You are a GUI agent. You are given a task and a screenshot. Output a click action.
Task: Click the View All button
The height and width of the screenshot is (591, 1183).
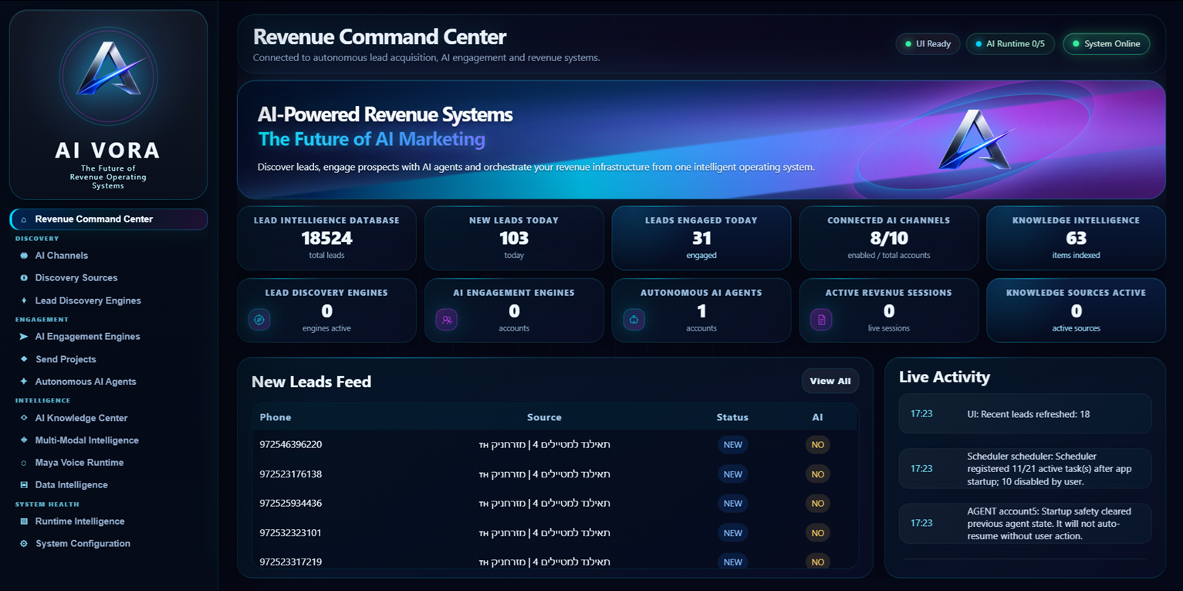[830, 381]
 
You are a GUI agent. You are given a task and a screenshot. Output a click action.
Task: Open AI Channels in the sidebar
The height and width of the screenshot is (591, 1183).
[61, 255]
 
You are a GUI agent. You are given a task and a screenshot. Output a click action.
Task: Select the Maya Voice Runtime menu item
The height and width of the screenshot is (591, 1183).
[79, 463]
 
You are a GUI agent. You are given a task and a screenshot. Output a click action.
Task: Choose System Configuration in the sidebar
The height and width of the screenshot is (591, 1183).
[83, 543]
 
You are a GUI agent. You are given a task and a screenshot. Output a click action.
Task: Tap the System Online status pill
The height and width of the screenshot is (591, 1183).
[1106, 44]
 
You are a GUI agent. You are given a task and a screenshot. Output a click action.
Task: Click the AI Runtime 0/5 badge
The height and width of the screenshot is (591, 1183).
[1010, 44]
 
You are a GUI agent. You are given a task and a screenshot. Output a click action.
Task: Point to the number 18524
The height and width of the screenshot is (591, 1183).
[326, 239]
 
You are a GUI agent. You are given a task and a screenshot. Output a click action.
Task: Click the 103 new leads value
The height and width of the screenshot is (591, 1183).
[514, 239]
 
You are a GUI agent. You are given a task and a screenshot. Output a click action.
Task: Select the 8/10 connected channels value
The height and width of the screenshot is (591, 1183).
[889, 239]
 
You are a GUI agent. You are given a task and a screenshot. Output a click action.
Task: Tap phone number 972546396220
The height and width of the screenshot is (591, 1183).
[290, 444]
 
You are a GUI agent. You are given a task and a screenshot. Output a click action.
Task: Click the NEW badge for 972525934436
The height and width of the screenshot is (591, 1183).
[732, 503]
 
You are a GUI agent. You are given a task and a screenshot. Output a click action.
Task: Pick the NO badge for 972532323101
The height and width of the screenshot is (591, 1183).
[817, 533]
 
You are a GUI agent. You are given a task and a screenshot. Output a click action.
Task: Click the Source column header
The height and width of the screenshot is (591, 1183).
[544, 417]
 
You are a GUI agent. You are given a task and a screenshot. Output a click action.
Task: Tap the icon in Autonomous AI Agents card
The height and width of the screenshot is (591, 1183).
[634, 319]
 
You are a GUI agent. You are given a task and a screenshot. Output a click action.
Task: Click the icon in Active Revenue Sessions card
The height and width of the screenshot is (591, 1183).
[821, 319]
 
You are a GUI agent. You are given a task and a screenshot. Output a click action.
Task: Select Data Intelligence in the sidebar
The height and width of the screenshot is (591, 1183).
[71, 484]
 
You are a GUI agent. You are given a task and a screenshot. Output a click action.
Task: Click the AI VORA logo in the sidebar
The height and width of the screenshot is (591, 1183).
[108, 76]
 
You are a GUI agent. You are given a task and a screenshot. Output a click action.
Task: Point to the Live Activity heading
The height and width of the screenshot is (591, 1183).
[945, 377]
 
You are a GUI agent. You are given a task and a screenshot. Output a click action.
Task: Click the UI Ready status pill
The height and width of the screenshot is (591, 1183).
[928, 44]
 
